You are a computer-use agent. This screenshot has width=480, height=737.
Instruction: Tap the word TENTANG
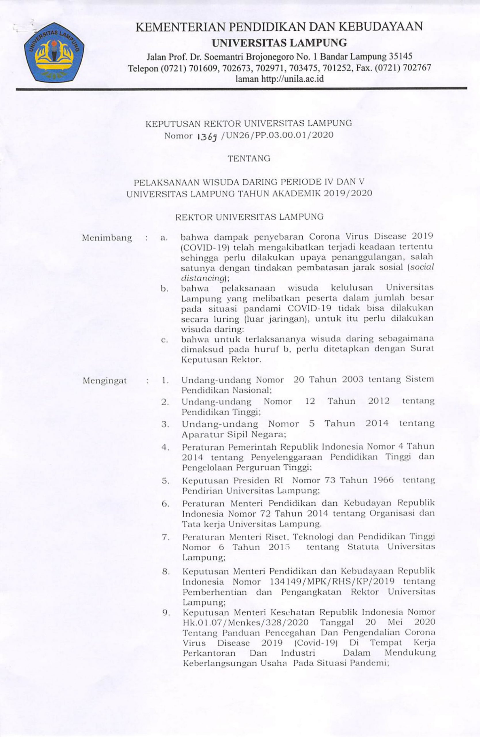pyautogui.click(x=249, y=159)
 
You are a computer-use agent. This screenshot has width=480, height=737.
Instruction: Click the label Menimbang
pyautogui.click(x=107, y=238)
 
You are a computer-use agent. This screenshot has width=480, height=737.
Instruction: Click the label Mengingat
pyautogui.click(x=105, y=381)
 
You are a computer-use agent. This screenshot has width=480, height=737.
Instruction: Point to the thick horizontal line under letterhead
pyautogui.click(x=242, y=89)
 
